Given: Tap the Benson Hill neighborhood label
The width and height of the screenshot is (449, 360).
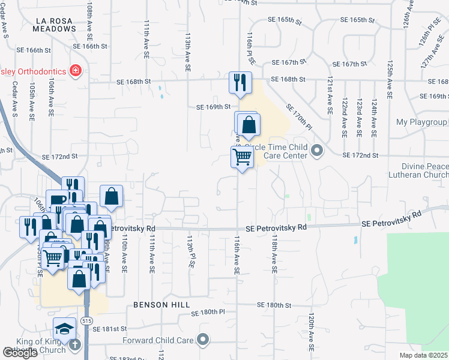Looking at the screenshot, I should tap(157, 305).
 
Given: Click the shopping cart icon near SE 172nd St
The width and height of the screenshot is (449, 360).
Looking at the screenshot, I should tap(242, 158).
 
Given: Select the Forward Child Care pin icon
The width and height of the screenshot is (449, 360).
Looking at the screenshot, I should tap(203, 340).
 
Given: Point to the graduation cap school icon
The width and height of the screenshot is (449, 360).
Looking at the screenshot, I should tap(64, 329).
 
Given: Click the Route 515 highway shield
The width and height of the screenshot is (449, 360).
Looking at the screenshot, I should tap(88, 322).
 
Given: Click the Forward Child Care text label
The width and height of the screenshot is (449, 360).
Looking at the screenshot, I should tap(160, 340).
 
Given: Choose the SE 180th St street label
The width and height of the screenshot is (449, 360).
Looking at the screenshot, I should tap(271, 305).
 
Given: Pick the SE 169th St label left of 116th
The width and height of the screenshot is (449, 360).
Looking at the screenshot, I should tap(214, 107).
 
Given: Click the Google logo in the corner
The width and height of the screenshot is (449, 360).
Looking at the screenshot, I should tap(19, 353).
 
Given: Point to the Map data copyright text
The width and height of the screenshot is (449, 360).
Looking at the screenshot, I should tap(424, 355).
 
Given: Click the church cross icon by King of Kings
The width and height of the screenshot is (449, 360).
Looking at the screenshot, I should tap(74, 344).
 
